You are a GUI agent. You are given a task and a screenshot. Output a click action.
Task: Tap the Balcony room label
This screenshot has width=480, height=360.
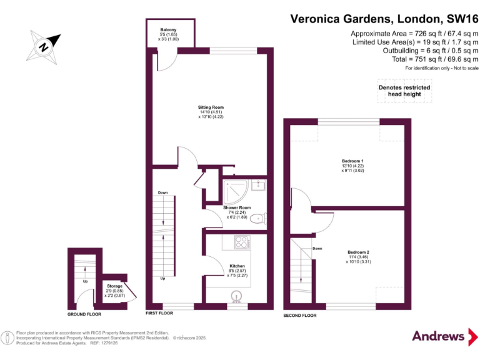[167, 29]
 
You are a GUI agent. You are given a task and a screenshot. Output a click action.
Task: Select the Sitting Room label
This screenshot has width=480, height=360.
[211, 107]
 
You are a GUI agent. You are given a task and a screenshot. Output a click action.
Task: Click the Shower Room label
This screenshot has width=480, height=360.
[237, 207]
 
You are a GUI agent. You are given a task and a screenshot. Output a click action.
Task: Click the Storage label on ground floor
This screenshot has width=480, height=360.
[114, 286]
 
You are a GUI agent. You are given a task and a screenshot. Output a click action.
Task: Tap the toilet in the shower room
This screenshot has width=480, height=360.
[263, 218]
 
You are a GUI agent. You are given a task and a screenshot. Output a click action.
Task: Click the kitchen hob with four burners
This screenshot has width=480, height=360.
[241, 241]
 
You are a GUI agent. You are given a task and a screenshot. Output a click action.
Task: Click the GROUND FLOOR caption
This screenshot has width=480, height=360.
[84, 314]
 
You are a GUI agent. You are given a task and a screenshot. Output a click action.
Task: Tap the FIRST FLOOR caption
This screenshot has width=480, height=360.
[159, 312]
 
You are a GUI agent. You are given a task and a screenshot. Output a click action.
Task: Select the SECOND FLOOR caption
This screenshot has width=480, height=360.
[300, 316]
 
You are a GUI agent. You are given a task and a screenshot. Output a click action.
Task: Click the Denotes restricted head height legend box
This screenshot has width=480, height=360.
[404, 91]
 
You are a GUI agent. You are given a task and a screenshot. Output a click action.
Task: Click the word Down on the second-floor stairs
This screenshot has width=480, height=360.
[317, 248]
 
